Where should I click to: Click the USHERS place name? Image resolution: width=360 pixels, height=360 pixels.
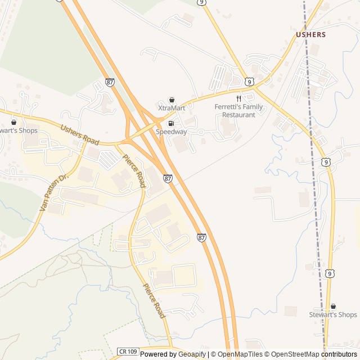click(x=310, y=34)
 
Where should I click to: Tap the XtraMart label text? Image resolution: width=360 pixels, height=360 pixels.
click(x=172, y=108)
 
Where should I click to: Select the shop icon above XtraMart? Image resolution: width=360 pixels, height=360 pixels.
click(x=172, y=100)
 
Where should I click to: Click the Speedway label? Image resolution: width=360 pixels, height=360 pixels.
click(x=171, y=132)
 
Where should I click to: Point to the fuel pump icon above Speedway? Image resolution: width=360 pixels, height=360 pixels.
click(x=171, y=123)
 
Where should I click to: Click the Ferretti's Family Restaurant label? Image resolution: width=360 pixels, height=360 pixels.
click(x=238, y=111)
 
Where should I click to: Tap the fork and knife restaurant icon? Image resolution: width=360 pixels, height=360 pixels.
click(x=238, y=98)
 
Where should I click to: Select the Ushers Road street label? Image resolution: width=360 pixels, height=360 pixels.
click(x=79, y=134)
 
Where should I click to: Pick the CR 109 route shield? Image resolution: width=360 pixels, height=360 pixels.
click(x=128, y=350)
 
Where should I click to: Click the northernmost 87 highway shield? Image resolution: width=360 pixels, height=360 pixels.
click(x=110, y=83)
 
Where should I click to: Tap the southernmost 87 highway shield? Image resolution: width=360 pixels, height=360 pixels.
click(x=201, y=238)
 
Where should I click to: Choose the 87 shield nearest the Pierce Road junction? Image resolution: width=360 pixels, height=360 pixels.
click(x=168, y=178)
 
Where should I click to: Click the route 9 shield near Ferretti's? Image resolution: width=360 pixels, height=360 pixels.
click(x=249, y=82)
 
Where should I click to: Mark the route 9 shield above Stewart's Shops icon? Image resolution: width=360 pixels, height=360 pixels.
click(x=330, y=273)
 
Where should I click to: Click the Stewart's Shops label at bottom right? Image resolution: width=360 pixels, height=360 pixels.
click(x=333, y=314)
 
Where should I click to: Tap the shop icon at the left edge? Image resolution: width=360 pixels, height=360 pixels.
click(x=13, y=122)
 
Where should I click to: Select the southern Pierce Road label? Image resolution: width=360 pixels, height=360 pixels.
click(x=154, y=301)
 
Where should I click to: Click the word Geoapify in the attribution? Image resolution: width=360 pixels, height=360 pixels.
click(x=192, y=354)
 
